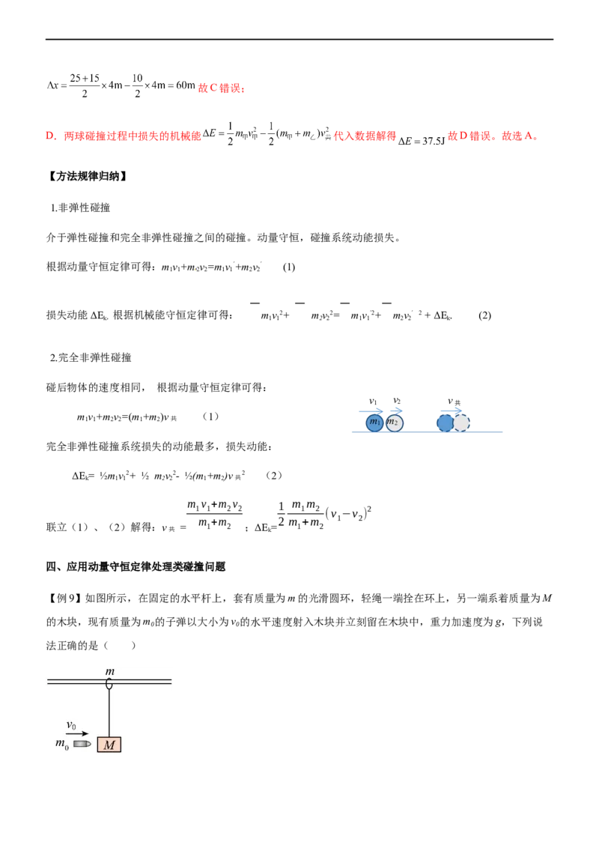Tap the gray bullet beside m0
[82, 744]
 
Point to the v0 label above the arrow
[72, 725]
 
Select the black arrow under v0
[77, 734]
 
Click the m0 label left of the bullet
[62, 744]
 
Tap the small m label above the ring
[109, 672]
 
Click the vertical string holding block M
[109, 712]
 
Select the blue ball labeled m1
[374, 423]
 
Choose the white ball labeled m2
[394, 423]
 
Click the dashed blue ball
[445, 423]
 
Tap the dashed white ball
[461, 423]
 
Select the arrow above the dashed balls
[452, 409]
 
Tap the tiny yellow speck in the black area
[195, 270]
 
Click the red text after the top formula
[222, 89]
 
